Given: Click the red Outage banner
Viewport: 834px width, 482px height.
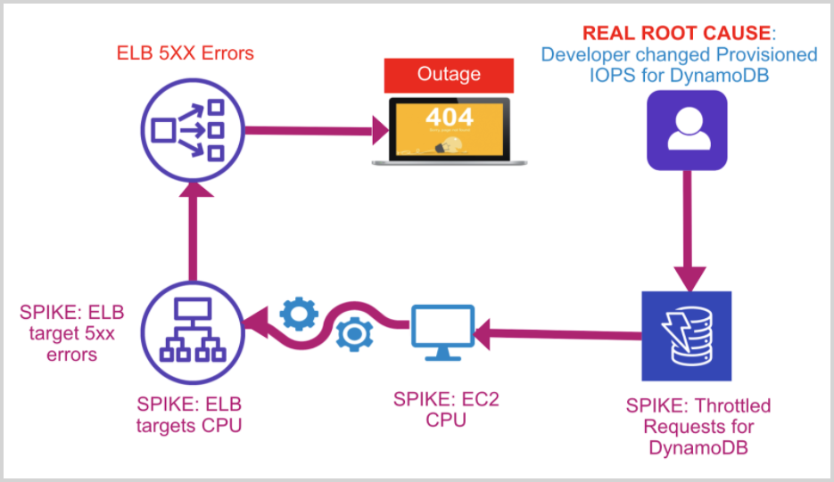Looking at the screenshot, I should coord(449,76).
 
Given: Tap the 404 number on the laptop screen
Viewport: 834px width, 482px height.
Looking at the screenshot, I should coord(449,116).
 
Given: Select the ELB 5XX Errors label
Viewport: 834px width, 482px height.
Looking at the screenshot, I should coord(186,53).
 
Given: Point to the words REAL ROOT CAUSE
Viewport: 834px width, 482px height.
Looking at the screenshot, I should coord(676,34).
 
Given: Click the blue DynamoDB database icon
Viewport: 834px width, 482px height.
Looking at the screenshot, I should coord(687,335).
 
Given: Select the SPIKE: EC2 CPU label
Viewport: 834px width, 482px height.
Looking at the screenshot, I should coord(446,409).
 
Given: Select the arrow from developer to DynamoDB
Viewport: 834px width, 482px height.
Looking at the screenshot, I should coord(687,223).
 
